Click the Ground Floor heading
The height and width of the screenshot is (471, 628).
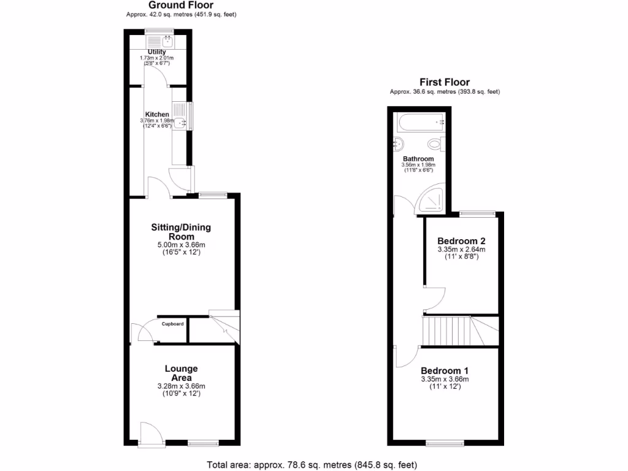(x=181, y=5)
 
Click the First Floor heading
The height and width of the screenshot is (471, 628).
(x=444, y=82)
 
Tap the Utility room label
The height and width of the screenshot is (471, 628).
(x=157, y=52)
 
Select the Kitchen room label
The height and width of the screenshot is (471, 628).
(x=157, y=114)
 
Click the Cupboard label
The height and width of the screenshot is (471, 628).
(x=172, y=323)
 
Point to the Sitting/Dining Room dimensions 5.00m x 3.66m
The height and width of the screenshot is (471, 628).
(x=181, y=245)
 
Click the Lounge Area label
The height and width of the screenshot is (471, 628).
(x=181, y=373)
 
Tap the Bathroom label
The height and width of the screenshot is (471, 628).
(x=418, y=159)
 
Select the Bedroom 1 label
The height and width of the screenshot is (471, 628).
(x=445, y=370)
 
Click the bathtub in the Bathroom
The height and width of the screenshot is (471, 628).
(x=420, y=123)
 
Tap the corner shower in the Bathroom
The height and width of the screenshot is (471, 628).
(x=431, y=201)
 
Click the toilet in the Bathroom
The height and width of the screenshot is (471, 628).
(x=434, y=145)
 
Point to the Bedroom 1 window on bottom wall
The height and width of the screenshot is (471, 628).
(x=445, y=442)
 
